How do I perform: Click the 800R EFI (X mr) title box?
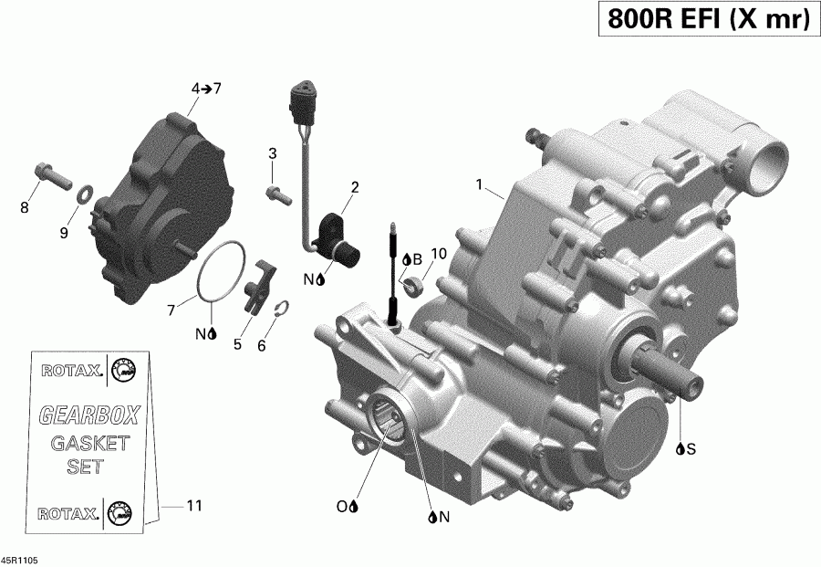(704, 19)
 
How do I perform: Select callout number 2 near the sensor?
(355, 187)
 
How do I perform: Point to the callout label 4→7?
(205, 89)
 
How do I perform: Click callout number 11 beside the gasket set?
(193, 505)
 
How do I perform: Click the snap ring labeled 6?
(282, 310)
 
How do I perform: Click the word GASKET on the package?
(89, 445)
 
